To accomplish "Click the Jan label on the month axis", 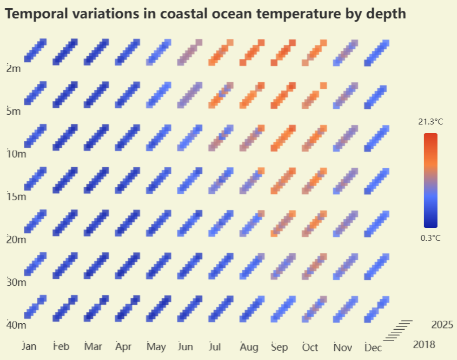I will [29, 346].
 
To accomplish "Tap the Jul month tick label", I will [215, 346].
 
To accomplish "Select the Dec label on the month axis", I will [373, 348].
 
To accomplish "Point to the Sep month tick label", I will [279, 346].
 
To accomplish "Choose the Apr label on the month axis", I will [123, 346].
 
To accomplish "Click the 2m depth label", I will [14, 69].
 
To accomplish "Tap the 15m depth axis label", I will [16, 197].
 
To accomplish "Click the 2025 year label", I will [442, 325].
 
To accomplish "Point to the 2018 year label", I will [423, 344].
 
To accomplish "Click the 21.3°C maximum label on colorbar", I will [430, 122].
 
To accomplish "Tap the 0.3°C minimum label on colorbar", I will [430, 238].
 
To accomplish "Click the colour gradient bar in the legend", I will [430, 180].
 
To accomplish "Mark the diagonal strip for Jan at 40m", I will [35, 309].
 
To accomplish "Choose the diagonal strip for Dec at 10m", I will [377, 138].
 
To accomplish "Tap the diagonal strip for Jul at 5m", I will [221, 95].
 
